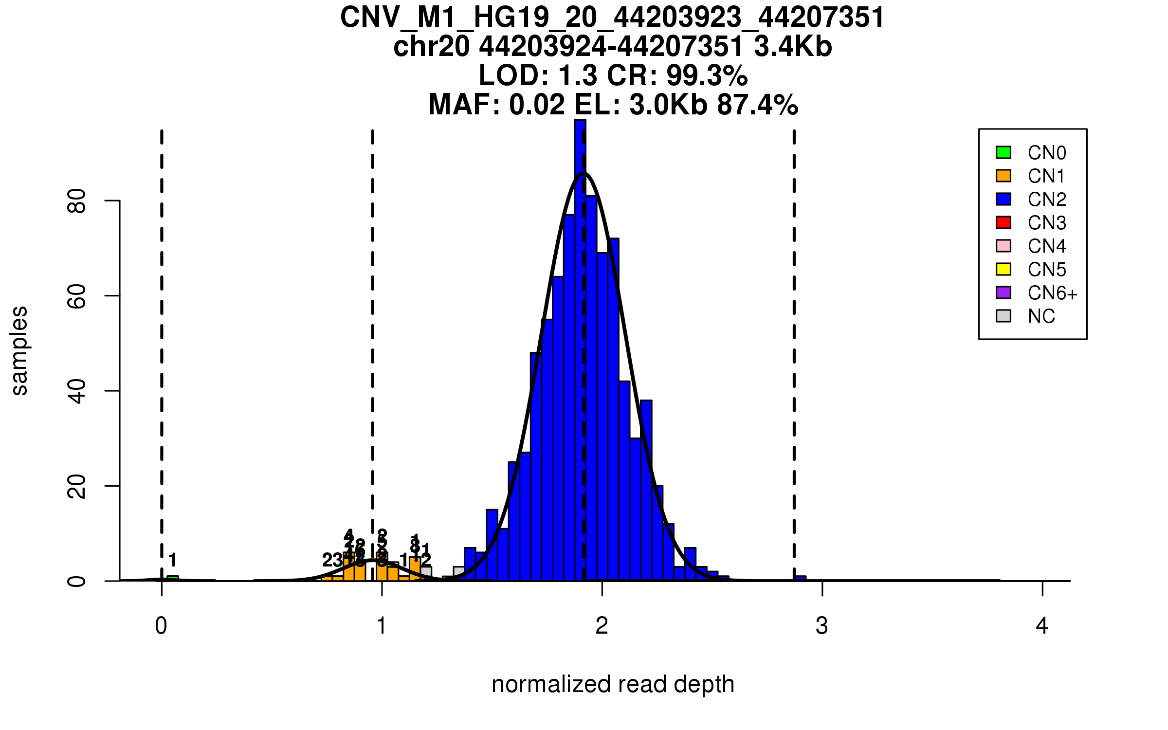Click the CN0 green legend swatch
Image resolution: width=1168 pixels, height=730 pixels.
(1004, 152)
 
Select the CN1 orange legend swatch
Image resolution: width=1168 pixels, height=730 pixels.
(1004, 176)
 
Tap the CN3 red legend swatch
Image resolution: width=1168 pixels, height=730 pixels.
(1004, 222)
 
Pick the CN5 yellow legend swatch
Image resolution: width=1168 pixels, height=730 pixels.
(1004, 269)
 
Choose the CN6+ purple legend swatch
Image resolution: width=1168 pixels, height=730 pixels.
(1004, 292)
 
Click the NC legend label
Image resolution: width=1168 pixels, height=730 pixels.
(1041, 316)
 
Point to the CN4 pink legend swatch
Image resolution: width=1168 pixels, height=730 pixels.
(1004, 246)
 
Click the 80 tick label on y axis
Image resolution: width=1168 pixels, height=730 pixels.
(77, 201)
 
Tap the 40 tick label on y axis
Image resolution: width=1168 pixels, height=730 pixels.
(77, 391)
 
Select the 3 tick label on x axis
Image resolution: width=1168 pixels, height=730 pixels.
(822, 626)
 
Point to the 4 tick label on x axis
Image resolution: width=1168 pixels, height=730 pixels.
(1042, 626)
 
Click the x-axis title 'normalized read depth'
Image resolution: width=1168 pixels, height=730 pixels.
(613, 684)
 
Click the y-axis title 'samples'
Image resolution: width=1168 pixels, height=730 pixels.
(19, 350)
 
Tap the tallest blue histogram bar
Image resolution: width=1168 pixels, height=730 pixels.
(580, 341)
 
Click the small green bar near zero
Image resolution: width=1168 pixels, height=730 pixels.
(173, 578)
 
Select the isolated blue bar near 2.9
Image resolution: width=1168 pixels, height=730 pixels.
(800, 578)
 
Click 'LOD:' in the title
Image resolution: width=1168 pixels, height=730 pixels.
(514, 75)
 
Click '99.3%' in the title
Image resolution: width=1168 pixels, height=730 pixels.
(707, 75)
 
